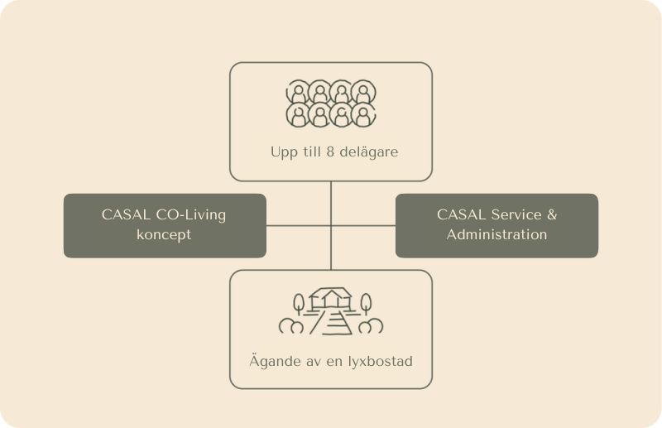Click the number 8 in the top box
click(x=330, y=151)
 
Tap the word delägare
click(x=368, y=152)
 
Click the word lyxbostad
click(x=380, y=362)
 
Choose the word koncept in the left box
click(x=164, y=234)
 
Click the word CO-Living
click(x=191, y=215)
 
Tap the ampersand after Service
click(x=552, y=214)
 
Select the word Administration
click(x=497, y=234)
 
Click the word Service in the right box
click(x=516, y=214)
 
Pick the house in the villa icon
click(x=330, y=299)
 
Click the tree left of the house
click(x=299, y=304)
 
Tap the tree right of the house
click(x=366, y=304)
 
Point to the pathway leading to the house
click(x=332, y=322)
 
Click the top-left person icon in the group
click(x=298, y=92)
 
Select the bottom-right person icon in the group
click(x=363, y=115)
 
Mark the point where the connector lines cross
click(x=331, y=226)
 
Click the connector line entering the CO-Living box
click(x=299, y=226)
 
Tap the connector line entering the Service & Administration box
click(x=363, y=226)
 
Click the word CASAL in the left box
click(x=127, y=215)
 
